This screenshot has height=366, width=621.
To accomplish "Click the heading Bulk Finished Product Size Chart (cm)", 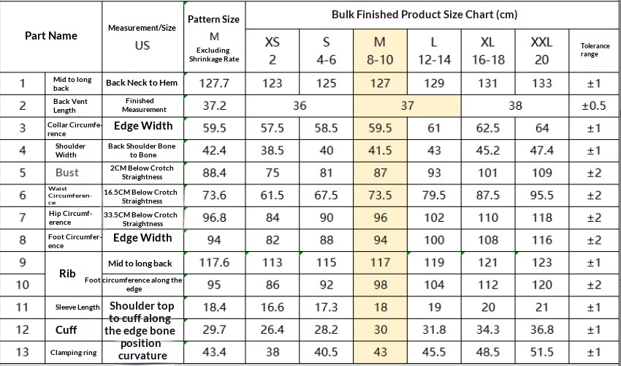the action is (424, 15).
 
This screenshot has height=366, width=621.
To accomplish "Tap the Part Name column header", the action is (51, 36).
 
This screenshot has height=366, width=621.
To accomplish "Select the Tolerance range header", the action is (595, 50).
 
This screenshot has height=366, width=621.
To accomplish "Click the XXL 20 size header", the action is (541, 51).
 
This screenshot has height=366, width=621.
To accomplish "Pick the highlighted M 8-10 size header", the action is (380, 51).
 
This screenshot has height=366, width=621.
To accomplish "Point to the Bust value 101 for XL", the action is (487, 173).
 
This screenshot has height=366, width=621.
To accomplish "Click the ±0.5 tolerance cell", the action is (594, 105).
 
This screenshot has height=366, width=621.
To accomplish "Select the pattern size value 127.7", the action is (214, 83).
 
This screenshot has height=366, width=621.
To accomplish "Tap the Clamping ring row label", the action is (73, 353).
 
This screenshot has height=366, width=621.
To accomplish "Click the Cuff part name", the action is (66, 330).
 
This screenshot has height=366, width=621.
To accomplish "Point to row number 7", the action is (23, 218).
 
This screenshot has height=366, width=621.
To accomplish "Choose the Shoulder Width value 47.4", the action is (541, 151).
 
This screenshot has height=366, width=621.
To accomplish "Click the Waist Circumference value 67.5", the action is (326, 195).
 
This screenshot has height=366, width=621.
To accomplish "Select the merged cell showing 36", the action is (300, 106).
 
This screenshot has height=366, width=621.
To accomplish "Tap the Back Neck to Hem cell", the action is (142, 83).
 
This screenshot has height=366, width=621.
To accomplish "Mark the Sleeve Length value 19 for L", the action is (434, 307).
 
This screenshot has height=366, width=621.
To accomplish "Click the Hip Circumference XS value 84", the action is (273, 218).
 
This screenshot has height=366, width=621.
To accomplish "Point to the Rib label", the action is (67, 274).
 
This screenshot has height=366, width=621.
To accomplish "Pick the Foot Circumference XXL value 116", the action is (541, 240).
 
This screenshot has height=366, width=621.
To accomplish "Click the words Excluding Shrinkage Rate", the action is (214, 55).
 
